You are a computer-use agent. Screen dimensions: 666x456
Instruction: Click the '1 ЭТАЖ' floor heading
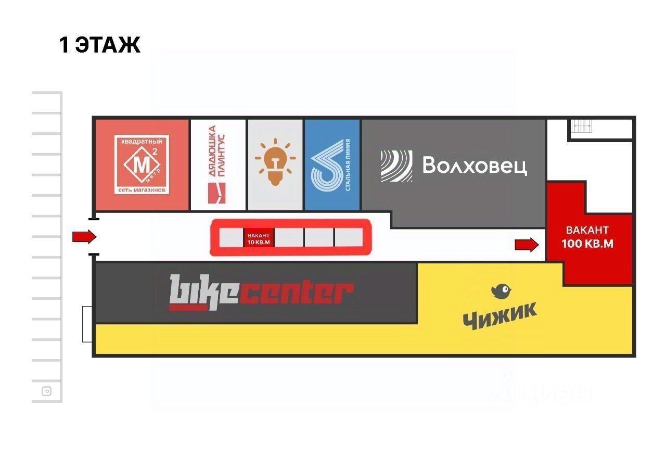[100, 45]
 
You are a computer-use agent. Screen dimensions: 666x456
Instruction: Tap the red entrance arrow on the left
[84, 237]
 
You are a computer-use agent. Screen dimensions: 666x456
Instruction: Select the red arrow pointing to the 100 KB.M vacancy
[527, 245]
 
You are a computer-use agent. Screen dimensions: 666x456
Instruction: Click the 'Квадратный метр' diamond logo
[141, 164]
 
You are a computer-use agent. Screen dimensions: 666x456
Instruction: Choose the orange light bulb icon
[275, 162]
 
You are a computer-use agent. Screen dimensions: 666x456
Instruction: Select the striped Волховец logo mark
[396, 166]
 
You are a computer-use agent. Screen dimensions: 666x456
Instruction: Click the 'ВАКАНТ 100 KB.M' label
[587, 237]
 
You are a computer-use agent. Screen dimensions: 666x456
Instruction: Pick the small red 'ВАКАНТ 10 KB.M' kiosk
[259, 238]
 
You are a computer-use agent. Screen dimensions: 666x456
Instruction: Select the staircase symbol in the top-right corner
[581, 126]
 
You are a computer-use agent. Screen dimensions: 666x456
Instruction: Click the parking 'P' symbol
[46, 391]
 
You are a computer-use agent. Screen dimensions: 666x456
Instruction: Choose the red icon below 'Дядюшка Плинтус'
[216, 193]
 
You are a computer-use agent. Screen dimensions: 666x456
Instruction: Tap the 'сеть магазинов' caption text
[142, 191]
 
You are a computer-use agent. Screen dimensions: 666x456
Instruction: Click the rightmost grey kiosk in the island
[348, 237]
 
